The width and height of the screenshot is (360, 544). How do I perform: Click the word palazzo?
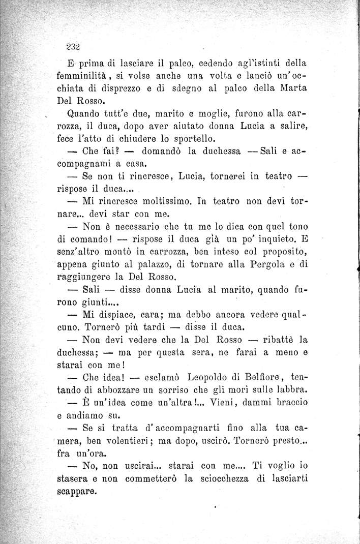click(165, 264)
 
